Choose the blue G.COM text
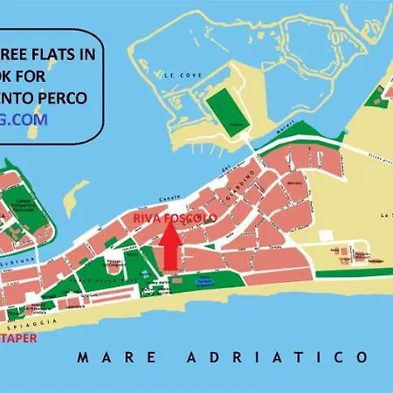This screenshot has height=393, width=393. coord(26,118)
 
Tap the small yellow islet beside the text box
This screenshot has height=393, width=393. coord(77,197)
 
